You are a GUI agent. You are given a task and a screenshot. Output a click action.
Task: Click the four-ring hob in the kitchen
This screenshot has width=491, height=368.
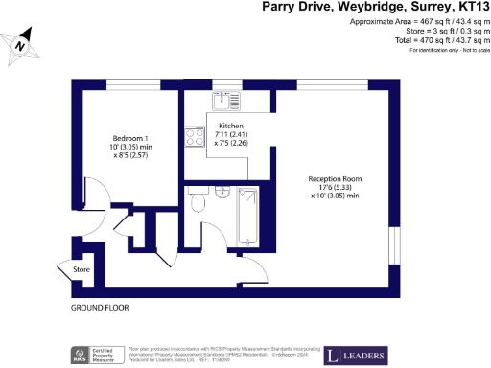click(194, 137)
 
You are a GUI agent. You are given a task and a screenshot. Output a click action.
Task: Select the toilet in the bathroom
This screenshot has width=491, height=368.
click(199, 202)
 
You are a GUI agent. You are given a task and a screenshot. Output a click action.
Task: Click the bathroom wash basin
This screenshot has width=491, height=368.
click(221, 190)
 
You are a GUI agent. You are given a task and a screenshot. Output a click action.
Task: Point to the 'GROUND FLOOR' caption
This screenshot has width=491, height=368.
click(99, 309)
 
